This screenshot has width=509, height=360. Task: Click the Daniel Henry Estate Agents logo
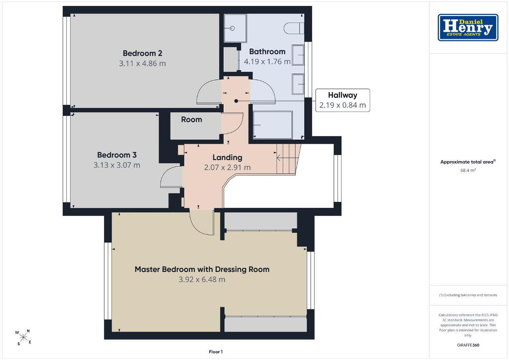tap(468, 27)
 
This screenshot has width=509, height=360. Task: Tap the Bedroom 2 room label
tap(143, 53)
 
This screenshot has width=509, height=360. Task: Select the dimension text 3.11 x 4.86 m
tap(143, 63)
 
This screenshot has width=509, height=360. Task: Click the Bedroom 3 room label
tap(117, 155)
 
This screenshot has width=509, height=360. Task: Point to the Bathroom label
tap(267, 51)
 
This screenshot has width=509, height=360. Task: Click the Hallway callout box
tap(342, 100)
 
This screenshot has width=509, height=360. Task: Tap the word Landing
tap(227, 158)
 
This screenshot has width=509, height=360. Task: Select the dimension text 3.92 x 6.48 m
tap(202, 279)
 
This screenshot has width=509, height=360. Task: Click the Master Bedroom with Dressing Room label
tap(202, 269)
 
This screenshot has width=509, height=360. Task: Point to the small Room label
tap(191, 119)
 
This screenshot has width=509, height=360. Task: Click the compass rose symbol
tap(23, 337)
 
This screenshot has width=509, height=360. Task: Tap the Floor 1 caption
tap(216, 352)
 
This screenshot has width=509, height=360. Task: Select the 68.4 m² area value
tap(468, 170)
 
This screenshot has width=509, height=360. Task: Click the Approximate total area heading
tap(468, 162)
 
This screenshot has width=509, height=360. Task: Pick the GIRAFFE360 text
tap(468, 345)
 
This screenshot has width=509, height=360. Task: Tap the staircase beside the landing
tap(288, 159)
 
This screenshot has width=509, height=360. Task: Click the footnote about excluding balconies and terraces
tap(468, 295)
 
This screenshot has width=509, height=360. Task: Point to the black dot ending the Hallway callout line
tap(236, 101)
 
